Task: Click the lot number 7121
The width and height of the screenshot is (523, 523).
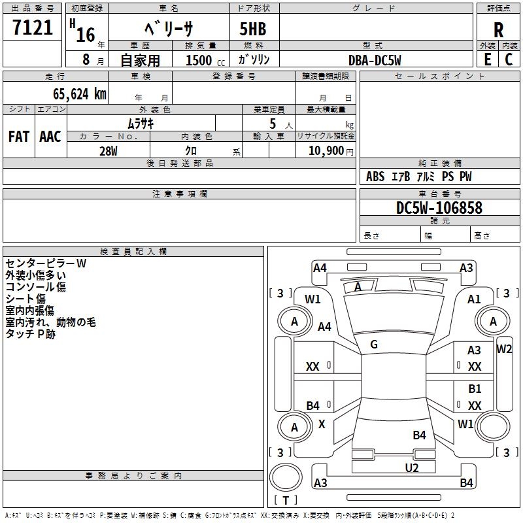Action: click(33, 27)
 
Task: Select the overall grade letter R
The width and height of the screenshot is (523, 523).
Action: click(498, 29)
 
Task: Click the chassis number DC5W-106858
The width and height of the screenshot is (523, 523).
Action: click(439, 208)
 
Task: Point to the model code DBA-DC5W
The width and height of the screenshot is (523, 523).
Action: click(375, 60)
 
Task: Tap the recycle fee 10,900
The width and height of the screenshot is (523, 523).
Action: click(325, 150)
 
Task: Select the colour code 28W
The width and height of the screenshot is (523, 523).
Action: click(108, 150)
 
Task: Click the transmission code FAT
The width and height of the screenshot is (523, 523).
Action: click(18, 137)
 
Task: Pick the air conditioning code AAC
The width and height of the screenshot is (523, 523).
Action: click(50, 137)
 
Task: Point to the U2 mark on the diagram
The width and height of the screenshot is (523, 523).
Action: click(411, 467)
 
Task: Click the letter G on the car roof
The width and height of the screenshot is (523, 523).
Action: click(374, 345)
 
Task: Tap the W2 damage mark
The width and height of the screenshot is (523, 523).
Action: click(504, 348)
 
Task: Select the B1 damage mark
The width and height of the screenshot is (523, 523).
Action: click(475, 389)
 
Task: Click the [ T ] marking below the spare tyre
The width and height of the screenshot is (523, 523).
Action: click(286, 500)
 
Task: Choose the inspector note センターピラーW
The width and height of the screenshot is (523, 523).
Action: click(46, 263)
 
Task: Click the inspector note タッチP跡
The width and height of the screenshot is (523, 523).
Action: click(30, 333)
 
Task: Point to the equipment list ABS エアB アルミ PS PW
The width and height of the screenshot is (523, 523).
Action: click(418, 177)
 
